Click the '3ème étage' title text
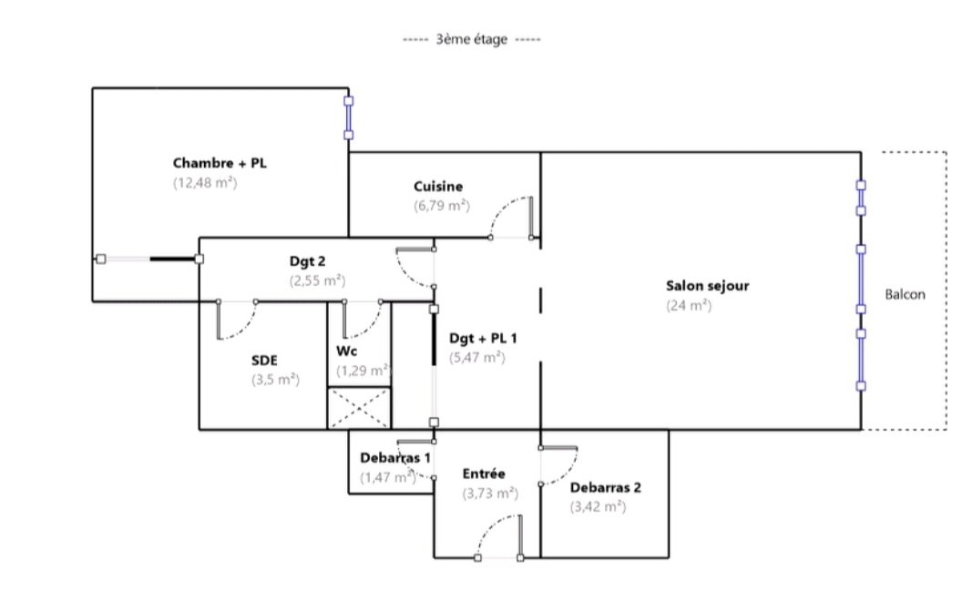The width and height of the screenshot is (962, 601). [x=471, y=39]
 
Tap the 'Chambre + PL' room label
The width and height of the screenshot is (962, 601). [x=220, y=163]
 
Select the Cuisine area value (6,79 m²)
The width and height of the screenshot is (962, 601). [x=442, y=206]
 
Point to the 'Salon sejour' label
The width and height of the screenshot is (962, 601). [x=708, y=286]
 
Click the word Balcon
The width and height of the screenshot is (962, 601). [x=905, y=294]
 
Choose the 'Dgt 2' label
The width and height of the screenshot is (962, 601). [x=307, y=261]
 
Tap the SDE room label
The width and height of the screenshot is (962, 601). [x=264, y=360]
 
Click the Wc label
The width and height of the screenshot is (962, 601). [x=347, y=351]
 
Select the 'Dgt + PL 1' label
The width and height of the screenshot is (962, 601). [x=483, y=338]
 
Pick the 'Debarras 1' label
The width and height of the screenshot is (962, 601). [x=395, y=458]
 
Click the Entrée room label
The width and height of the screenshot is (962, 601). [x=484, y=474]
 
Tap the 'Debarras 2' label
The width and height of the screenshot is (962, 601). [x=606, y=487]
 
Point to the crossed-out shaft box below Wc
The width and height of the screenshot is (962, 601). [x=359, y=408]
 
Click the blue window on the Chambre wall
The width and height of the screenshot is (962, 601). [x=349, y=117]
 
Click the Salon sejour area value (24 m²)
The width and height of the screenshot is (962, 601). [x=689, y=305]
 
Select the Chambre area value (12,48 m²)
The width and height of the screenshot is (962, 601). [x=205, y=183]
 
